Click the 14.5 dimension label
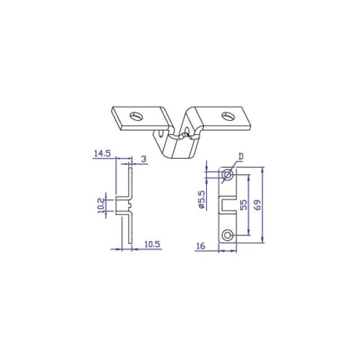[102, 153]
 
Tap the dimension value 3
[144, 159]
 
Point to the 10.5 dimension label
[153, 244]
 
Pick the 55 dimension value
[244, 205]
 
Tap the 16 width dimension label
[201, 246]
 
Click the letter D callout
[241, 157]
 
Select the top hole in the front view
[228, 175]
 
